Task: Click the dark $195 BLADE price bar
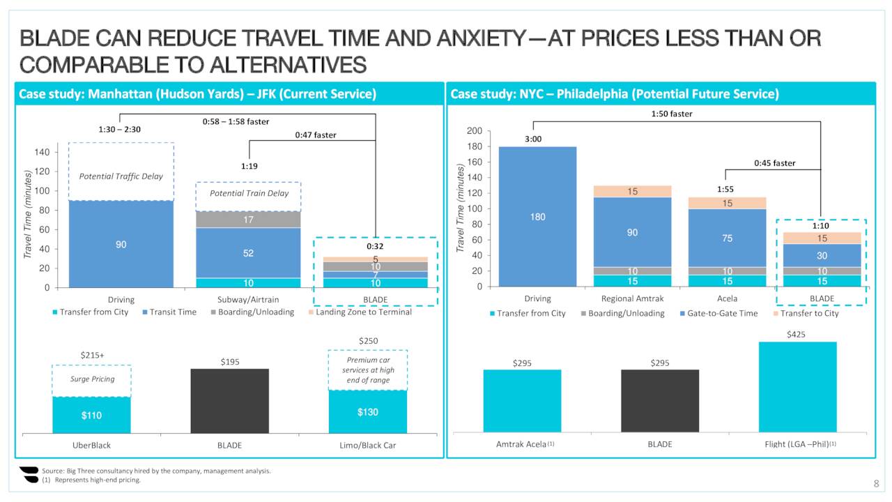point(229,400)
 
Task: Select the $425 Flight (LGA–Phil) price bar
point(797,386)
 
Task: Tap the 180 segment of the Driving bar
point(537,217)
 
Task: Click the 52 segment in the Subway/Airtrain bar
point(248,252)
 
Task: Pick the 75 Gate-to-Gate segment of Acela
point(727,238)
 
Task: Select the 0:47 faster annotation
point(315,135)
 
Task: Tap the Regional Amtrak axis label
point(631,299)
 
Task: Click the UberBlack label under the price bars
point(91,446)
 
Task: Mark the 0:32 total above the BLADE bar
point(376,246)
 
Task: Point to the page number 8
point(876,485)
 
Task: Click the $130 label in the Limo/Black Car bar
point(367,412)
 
